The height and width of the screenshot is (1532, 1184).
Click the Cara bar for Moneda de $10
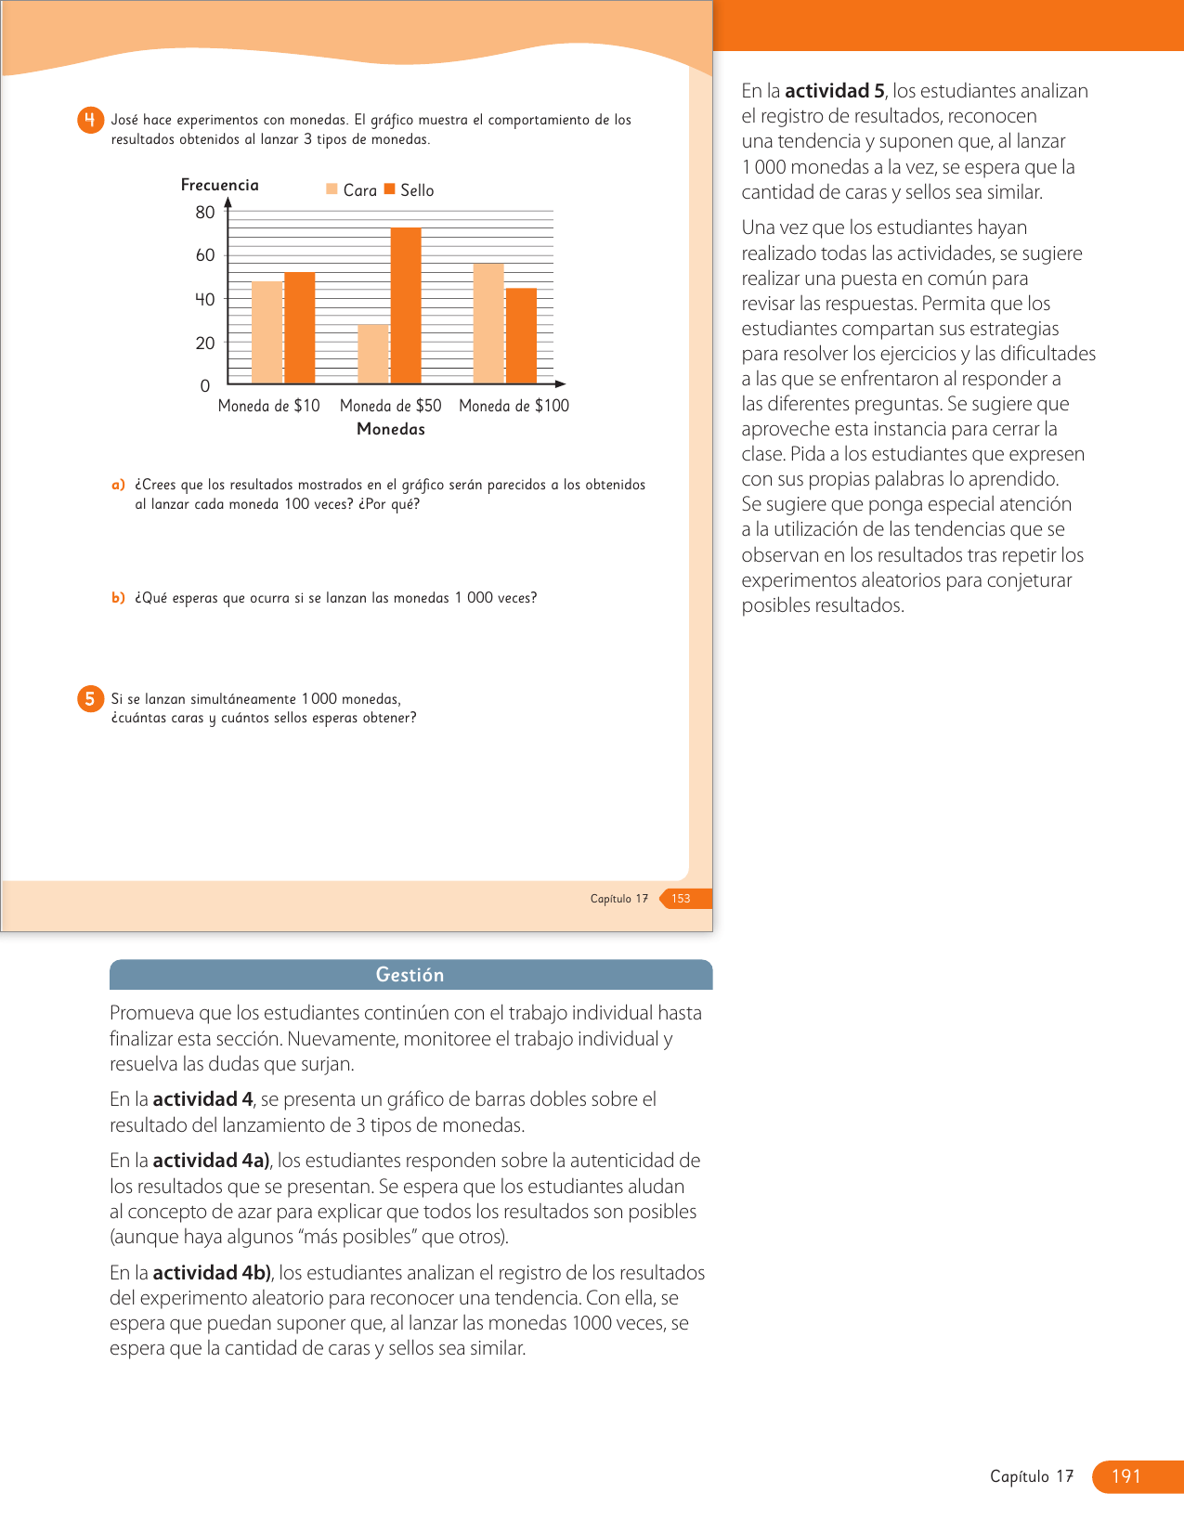click(267, 332)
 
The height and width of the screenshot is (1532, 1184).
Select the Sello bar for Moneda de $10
click(299, 328)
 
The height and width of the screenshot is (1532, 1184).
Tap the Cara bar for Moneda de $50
click(373, 354)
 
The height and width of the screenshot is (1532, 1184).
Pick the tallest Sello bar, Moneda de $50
click(406, 305)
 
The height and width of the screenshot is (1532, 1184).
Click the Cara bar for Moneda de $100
click(488, 323)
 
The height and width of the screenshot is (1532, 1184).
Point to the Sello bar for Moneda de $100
click(521, 336)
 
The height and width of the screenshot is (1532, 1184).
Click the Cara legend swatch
click(332, 189)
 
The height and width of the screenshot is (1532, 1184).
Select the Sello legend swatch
click(390, 189)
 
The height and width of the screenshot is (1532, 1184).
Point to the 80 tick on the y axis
click(205, 213)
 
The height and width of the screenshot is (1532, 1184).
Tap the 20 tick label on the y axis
click(205, 344)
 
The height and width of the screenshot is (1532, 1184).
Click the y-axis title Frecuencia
click(220, 185)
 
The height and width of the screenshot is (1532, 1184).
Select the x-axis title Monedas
click(391, 429)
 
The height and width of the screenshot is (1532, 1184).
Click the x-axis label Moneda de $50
click(390, 406)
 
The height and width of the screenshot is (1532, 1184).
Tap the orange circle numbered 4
click(90, 121)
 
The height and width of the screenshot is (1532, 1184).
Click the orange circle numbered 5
click(90, 699)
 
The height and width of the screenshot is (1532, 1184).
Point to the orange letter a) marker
click(118, 485)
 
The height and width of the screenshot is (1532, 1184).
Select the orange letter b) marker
click(118, 598)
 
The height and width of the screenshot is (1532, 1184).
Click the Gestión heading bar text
click(410, 975)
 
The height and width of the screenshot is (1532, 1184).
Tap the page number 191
click(1125, 1476)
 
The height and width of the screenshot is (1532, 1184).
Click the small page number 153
click(681, 899)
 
